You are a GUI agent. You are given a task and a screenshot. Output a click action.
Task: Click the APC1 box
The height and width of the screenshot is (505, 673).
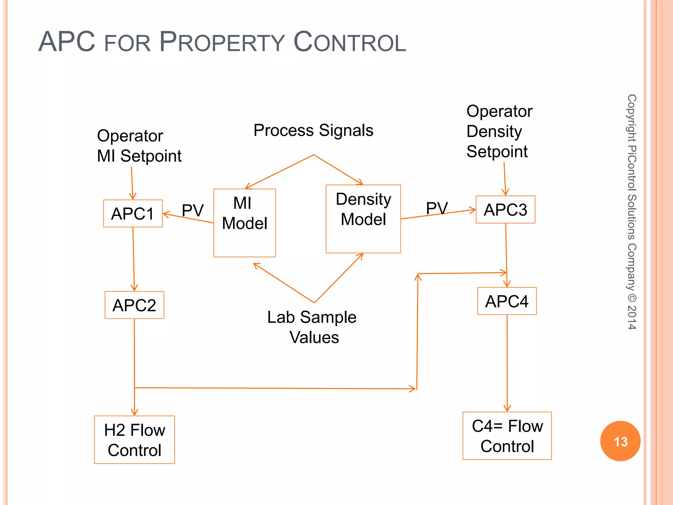coord(133,213)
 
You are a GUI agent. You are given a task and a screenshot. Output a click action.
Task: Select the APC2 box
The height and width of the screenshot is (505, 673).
coord(134,305)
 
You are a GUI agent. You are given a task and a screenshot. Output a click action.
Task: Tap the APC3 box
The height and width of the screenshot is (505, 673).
coord(505,209)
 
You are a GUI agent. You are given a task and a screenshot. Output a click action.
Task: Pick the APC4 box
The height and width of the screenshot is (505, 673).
coord(507,301)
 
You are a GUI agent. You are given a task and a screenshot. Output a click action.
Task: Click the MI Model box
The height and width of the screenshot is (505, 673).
coord(244,223)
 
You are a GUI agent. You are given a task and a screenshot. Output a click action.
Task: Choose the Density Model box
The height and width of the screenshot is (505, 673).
coord(363,219)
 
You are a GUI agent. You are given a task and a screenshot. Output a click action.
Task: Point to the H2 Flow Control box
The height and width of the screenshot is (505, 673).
coord(134,440)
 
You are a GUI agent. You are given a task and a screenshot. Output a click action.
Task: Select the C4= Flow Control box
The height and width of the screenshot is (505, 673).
coord(507,436)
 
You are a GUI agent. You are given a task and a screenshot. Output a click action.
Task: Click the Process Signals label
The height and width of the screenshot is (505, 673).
coord(313,130)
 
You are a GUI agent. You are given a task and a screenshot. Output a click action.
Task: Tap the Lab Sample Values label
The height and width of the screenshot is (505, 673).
coord(312,327)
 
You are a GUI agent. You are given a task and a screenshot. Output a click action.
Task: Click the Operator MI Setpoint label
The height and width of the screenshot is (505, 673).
coord(139,146)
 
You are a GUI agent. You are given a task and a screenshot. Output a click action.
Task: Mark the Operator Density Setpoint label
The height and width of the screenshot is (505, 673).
coord(499,132)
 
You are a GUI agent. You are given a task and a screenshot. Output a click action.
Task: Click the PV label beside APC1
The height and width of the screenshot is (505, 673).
coord(193,210)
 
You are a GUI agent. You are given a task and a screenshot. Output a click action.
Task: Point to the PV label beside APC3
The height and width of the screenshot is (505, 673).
coord(437,208)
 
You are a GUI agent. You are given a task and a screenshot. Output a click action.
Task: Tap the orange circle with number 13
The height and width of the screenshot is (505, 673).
coord(620,441)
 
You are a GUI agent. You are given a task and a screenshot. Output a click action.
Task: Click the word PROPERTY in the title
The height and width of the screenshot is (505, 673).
coord(222,42)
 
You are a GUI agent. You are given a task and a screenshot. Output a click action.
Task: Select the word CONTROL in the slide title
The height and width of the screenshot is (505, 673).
coord(350,42)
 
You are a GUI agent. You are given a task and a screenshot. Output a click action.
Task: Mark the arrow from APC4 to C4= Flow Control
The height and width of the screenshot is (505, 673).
coord(507,363)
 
